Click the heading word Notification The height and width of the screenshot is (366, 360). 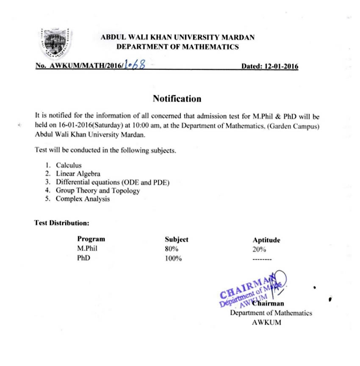pos(177,99)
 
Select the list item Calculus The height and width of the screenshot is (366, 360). pos(68,165)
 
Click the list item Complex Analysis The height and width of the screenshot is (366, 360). pos(83,199)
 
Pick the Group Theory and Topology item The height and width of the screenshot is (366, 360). pos(97,190)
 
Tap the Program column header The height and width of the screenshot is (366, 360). pos(91,239)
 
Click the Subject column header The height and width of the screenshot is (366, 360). pos(176,239)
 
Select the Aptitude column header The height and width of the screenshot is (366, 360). pos(266,240)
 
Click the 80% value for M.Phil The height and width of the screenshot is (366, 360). pos(172,249)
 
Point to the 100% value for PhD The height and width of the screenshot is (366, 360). pos(173,259)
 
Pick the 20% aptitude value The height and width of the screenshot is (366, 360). pos(259,250)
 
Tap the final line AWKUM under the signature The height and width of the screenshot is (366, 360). pos(266,322)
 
